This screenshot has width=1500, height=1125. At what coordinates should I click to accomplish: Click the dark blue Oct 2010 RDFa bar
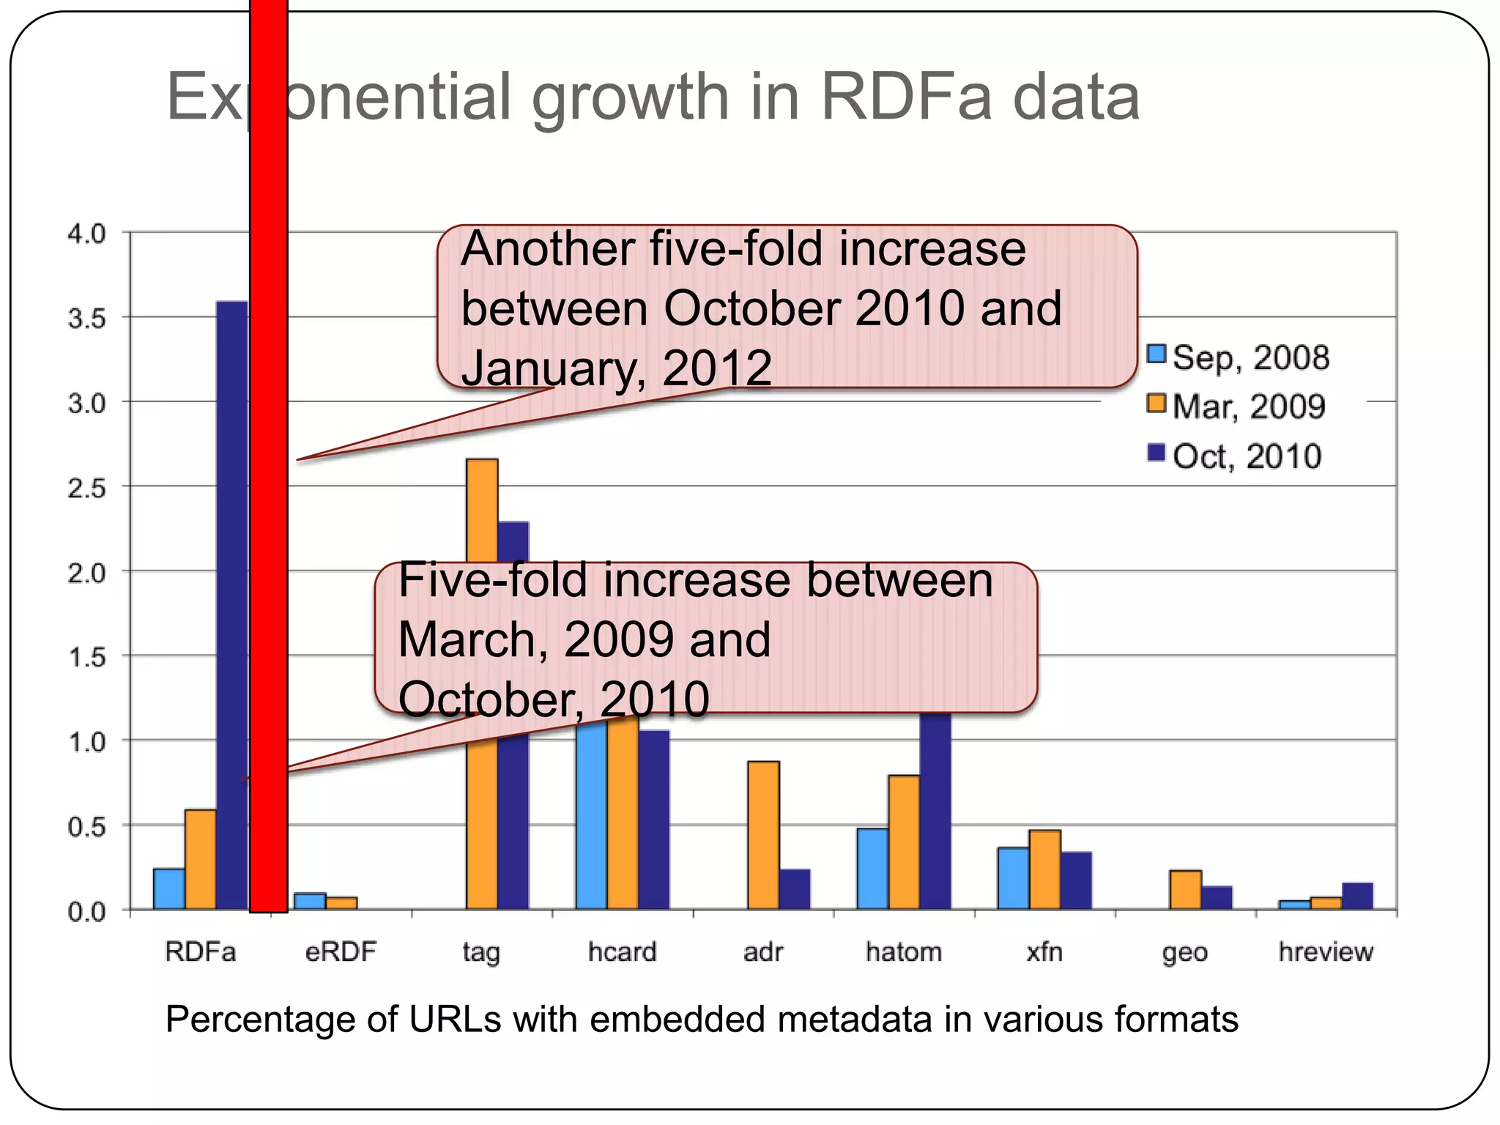[232, 601]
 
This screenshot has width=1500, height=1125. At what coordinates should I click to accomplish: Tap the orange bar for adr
[763, 835]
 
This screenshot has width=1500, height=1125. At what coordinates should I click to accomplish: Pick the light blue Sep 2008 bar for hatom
[872, 869]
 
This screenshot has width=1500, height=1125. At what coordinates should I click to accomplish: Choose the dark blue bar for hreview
[1357, 896]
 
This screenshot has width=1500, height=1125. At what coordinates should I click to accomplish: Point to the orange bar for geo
[1185, 889]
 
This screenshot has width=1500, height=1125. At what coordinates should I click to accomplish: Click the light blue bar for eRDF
[310, 901]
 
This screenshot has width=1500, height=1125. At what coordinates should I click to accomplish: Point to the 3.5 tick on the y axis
[87, 319]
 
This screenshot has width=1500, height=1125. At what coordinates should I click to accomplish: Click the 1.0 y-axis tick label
[87, 742]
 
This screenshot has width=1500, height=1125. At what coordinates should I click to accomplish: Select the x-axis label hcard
[622, 951]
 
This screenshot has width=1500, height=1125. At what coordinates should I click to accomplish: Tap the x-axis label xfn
[1044, 951]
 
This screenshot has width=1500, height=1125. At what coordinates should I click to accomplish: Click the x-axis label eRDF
[341, 951]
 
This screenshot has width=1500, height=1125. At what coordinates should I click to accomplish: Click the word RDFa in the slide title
[905, 97]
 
